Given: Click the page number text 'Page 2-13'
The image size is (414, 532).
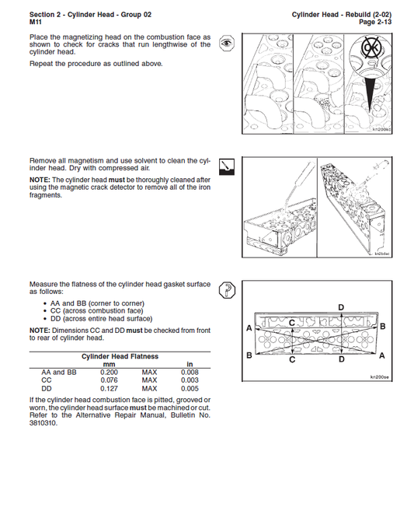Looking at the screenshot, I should point(377,23).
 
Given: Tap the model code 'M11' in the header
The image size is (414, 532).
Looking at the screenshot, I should point(36,23).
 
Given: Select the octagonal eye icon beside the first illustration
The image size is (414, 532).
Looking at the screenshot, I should point(226,44).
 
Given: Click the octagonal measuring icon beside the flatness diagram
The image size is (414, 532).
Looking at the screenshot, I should point(226,290).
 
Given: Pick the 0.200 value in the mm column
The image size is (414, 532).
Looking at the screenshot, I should point(109,373).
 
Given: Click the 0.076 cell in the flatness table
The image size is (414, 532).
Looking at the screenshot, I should point(109,380).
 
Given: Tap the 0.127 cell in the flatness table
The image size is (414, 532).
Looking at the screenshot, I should point(109,388).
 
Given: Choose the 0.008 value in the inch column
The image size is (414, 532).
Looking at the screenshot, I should point(190,373).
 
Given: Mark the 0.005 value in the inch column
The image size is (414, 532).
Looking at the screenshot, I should point(190,388).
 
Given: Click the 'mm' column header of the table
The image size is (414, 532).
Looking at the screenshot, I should point(109,364).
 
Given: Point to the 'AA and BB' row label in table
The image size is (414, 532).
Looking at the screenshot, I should point(58,373).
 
